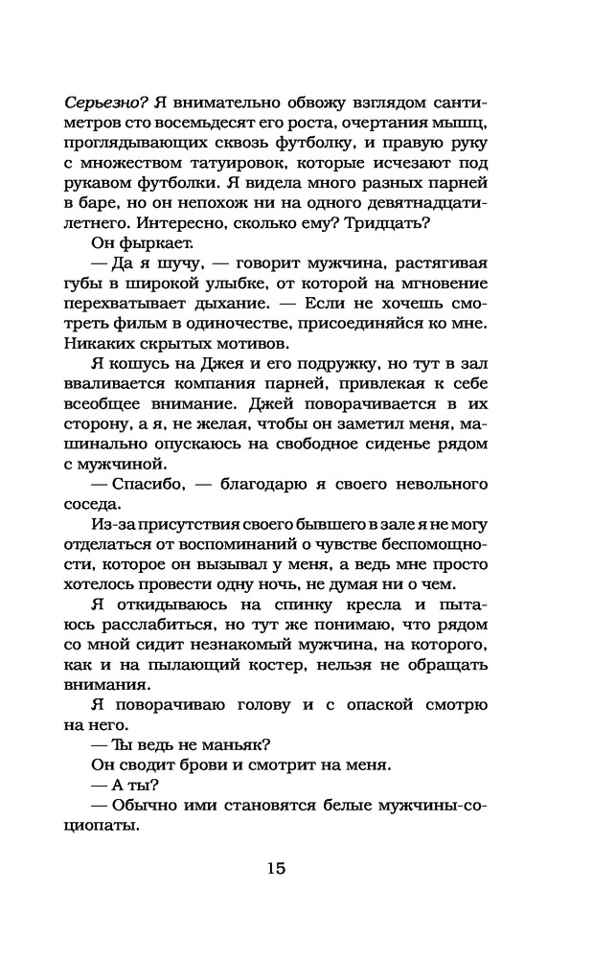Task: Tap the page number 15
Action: pyautogui.click(x=275, y=870)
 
